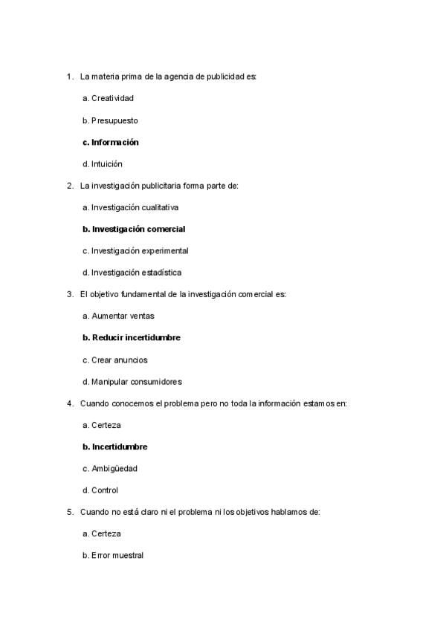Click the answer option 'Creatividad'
[112, 98]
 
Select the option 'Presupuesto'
[114, 120]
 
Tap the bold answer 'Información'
[115, 142]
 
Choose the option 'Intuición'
[107, 163]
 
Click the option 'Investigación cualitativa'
[135, 207]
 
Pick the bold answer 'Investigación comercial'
[138, 229]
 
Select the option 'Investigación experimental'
[140, 251]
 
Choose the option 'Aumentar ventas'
[123, 316]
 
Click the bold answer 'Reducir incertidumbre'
[136, 338]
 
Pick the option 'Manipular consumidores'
[137, 382]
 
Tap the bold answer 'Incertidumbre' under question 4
[120, 447]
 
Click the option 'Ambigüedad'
[114, 469]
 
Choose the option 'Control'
[105, 490]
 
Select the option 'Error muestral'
[117, 556]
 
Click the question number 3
[68, 295]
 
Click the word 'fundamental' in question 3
[145, 295]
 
